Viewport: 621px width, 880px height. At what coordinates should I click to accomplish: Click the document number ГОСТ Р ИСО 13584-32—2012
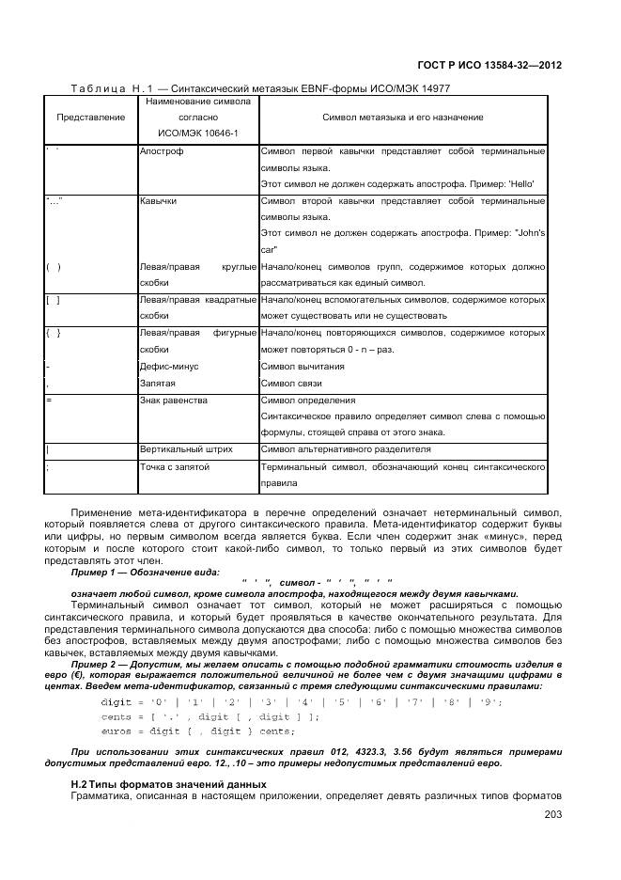coord(488,66)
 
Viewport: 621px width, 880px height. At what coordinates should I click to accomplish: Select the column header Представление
coord(90,117)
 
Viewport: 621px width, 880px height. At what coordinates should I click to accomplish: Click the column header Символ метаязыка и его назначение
coord(402,117)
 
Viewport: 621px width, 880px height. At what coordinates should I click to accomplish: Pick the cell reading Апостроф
coord(161,150)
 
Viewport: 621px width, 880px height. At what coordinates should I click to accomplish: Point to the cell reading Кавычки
coord(157,201)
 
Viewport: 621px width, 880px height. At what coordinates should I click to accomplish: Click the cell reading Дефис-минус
coord(169,366)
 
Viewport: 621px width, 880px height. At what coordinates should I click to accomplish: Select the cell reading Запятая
coord(157,384)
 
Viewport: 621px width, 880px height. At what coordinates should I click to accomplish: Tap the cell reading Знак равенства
coord(173,400)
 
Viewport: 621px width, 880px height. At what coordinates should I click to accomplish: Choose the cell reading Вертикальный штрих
coord(186,449)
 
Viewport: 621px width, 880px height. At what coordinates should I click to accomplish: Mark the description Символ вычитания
coord(296,366)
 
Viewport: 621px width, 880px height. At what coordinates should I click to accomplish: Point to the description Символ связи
coord(290,384)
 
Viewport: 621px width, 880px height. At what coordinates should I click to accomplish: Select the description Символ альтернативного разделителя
coord(345,449)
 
